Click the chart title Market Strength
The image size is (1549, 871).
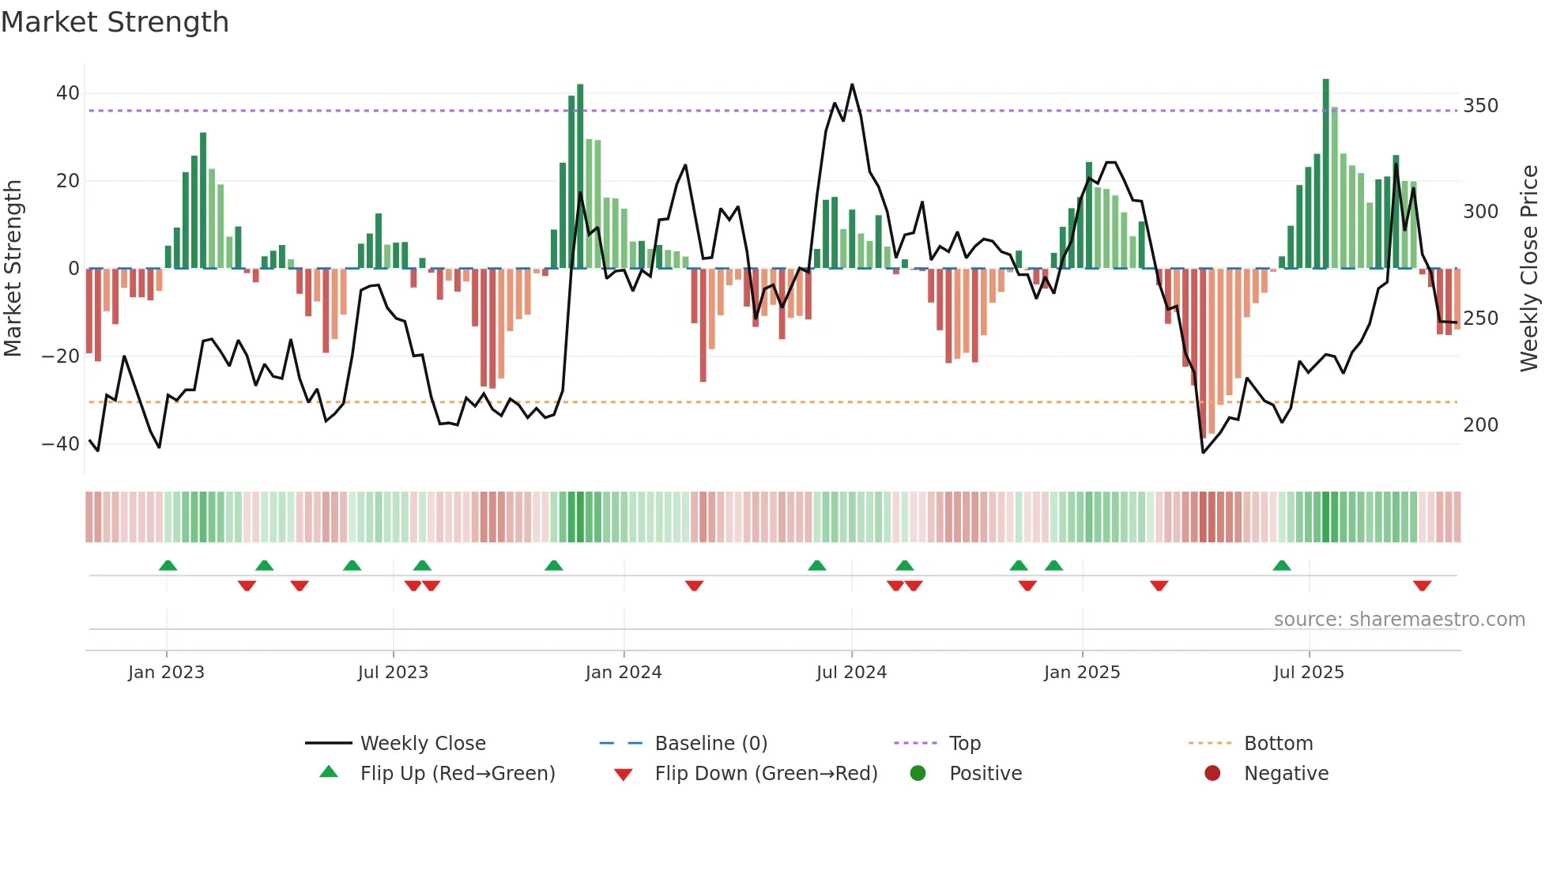click(x=115, y=22)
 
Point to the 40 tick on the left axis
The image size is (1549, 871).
click(x=67, y=93)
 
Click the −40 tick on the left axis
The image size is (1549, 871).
click(x=61, y=443)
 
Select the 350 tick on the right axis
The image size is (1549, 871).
click(x=1480, y=106)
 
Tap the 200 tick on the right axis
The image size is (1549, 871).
click(x=1480, y=425)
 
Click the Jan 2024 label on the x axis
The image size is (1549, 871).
click(x=623, y=673)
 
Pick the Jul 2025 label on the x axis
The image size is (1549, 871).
click(x=1308, y=673)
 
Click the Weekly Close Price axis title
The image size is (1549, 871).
click(x=1529, y=269)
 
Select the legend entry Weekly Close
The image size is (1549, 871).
click(x=422, y=744)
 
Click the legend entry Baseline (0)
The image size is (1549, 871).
click(x=710, y=744)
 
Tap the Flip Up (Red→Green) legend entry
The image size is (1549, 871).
click(x=457, y=774)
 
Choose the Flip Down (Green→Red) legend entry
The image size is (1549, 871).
click(x=765, y=774)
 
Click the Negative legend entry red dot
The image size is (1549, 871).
click(x=1212, y=773)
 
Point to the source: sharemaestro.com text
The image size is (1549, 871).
click(x=1399, y=620)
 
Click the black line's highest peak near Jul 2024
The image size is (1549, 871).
click(x=852, y=85)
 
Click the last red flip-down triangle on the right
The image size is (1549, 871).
click(x=1422, y=586)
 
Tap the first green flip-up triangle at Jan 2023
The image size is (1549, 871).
click(x=168, y=565)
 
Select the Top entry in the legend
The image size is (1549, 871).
click(x=964, y=744)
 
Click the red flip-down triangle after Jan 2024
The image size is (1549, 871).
click(x=694, y=586)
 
